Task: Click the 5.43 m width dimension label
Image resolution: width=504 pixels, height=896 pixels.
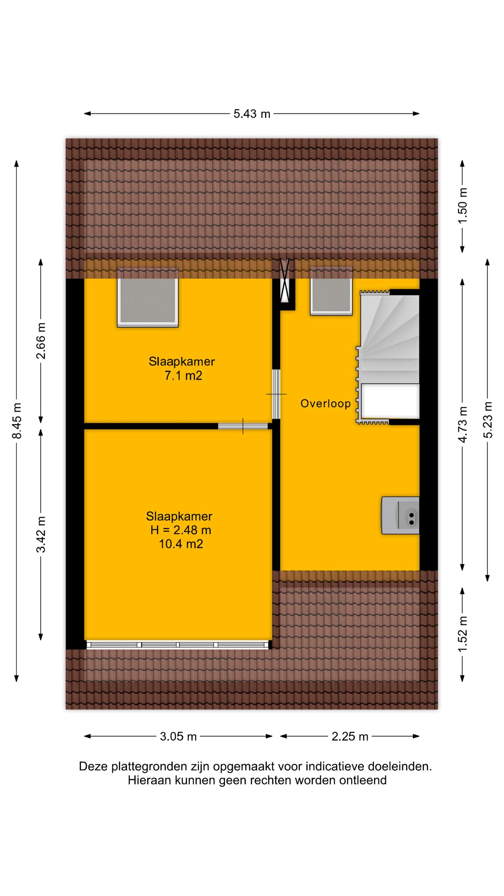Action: point(251,114)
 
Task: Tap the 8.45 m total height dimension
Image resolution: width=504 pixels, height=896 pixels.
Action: point(17,421)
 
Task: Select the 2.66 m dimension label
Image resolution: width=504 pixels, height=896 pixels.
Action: point(41,340)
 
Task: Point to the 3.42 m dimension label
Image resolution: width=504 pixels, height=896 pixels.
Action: point(41,534)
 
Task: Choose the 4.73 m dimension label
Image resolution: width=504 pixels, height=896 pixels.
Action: point(462,424)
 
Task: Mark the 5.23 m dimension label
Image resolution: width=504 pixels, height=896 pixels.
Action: point(487,420)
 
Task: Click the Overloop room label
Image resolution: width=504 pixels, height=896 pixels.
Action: point(325,403)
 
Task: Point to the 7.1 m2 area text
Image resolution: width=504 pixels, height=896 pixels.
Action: point(183,376)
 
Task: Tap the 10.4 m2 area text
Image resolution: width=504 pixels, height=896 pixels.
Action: point(181,544)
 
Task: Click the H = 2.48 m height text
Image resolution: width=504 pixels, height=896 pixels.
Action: point(181,530)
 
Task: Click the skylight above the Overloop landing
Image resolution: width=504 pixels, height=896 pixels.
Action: point(331,291)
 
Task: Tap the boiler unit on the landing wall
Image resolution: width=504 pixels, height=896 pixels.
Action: point(400,515)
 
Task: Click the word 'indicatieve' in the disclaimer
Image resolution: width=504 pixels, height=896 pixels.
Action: point(334,767)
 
